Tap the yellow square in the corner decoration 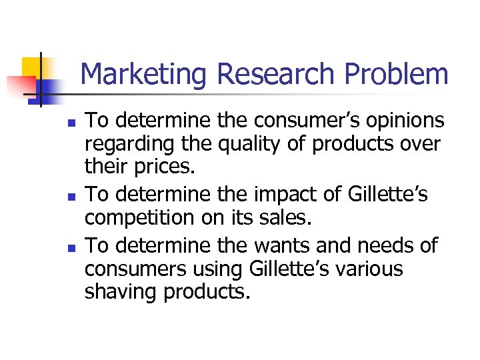pos(33,68)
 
